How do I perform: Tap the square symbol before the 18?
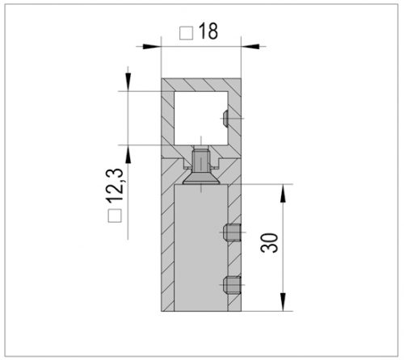point(185,34)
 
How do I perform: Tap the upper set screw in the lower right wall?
point(231,234)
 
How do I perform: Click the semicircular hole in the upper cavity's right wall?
point(223,120)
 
